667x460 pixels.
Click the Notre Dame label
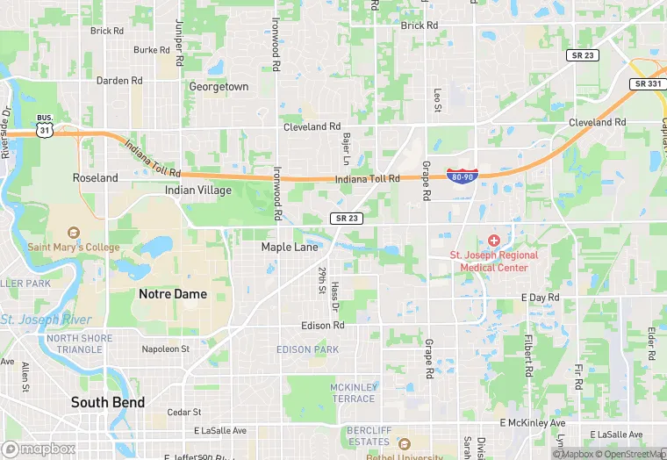point(173,294)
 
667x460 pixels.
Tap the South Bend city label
point(108,402)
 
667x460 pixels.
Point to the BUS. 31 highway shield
point(44,125)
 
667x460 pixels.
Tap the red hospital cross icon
point(494,240)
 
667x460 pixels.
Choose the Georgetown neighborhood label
point(219,87)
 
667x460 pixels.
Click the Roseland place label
point(95,177)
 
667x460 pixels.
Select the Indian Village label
point(198,190)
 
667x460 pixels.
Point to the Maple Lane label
point(290,248)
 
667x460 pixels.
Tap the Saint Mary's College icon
point(73,234)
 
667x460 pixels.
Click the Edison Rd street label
point(323,326)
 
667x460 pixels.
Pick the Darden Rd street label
point(119,81)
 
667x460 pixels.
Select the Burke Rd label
point(151,50)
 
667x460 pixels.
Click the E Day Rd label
point(541,298)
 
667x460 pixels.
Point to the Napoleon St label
point(166,349)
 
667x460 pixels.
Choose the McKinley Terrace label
point(354,392)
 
